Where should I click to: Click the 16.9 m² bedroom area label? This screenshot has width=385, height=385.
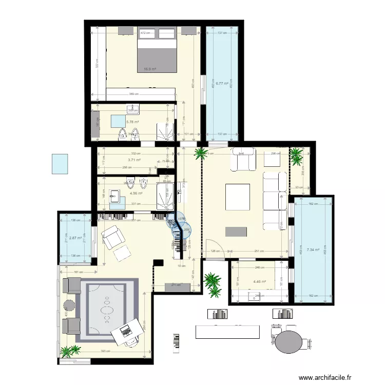click(150, 69)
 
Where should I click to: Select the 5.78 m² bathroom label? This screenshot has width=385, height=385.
click(133, 122)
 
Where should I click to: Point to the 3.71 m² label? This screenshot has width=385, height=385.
click(134, 160)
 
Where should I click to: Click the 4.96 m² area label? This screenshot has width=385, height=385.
click(136, 193)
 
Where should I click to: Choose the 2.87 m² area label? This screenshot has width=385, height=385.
click(76, 238)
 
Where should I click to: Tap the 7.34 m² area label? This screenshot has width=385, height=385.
click(313, 250)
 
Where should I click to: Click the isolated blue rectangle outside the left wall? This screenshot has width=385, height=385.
click(60, 164)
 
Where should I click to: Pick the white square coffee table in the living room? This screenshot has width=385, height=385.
click(238, 197)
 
